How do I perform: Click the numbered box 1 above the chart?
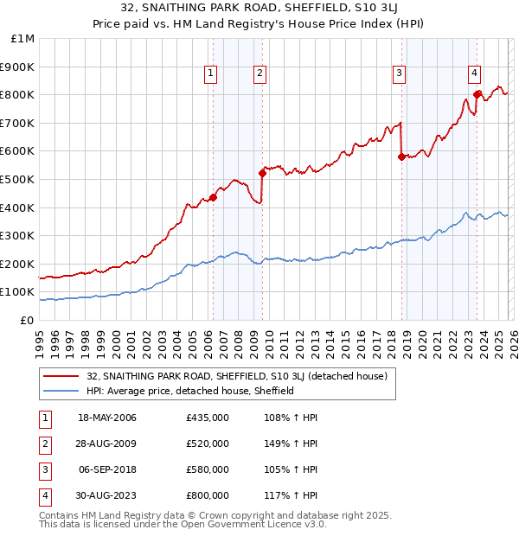[x=211, y=73]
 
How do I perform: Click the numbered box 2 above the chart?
[x=260, y=73]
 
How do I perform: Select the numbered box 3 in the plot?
[x=399, y=73]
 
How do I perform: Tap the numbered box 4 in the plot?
[x=475, y=73]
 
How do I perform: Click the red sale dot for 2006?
[x=213, y=197]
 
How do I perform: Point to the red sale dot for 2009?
[x=262, y=173]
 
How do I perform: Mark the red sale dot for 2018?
[x=401, y=156]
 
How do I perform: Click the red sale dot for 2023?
[x=477, y=94]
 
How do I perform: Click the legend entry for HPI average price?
[x=190, y=391]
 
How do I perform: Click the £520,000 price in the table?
[x=208, y=443]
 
